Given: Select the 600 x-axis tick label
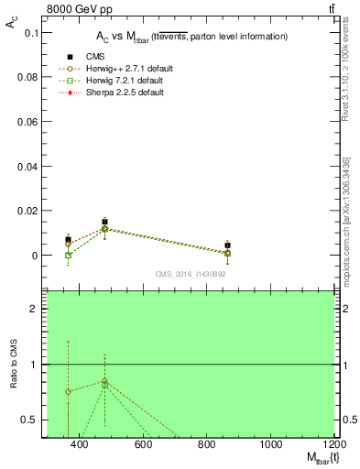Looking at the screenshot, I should click(x=142, y=445).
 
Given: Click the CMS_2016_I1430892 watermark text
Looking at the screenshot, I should click(x=190, y=274).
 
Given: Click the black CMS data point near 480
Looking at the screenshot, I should click(x=105, y=222).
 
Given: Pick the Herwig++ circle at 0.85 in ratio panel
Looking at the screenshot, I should click(x=105, y=381).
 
